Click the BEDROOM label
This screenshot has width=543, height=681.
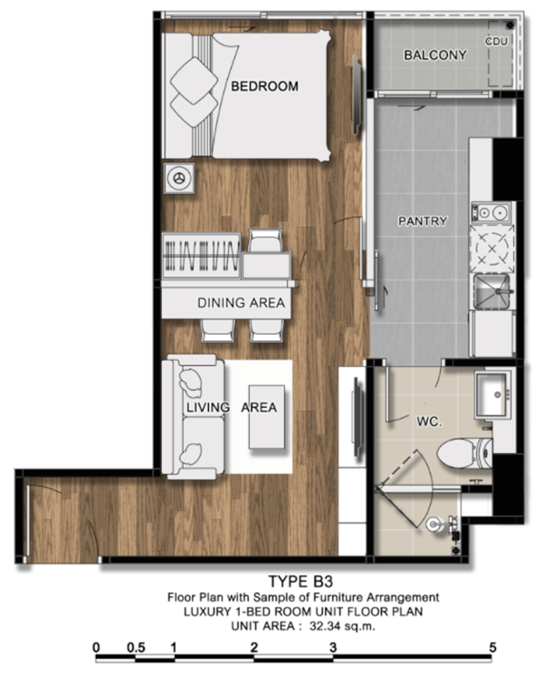click(x=264, y=86)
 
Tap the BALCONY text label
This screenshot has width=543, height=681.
click(x=435, y=55)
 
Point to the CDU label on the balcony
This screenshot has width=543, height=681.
click(x=496, y=42)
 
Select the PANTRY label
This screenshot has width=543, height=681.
click(x=423, y=222)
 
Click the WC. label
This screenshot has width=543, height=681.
click(x=429, y=421)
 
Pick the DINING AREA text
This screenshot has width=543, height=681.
click(x=242, y=303)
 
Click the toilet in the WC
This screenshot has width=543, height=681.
click(x=464, y=453)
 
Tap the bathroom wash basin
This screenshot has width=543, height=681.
click(x=492, y=394)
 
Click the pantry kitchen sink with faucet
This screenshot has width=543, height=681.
click(x=493, y=291)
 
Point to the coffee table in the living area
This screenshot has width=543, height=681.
click(x=266, y=417)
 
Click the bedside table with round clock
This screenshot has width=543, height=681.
click(x=179, y=178)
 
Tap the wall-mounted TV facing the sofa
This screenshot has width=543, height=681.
click(x=357, y=417)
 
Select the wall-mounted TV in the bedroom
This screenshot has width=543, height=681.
click(x=357, y=95)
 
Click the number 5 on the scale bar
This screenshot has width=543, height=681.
click(x=492, y=648)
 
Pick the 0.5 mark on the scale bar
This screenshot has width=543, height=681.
click(x=136, y=648)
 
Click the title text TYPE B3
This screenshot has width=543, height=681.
click(x=300, y=582)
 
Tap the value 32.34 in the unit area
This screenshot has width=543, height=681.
click(x=326, y=626)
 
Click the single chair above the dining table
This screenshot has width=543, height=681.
click(x=265, y=241)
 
